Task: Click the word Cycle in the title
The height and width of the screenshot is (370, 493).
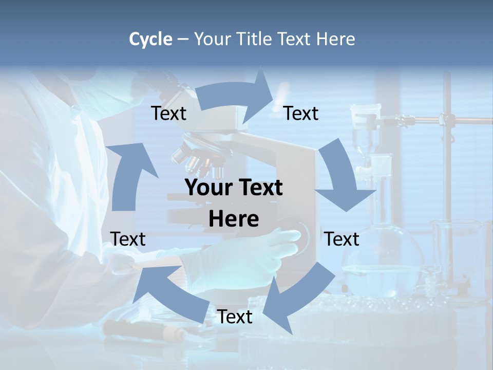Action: tap(150, 39)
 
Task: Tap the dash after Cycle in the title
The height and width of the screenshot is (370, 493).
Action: tap(183, 40)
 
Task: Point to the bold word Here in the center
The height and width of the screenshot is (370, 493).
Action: tap(234, 219)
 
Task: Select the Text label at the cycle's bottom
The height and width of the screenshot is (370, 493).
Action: tap(235, 317)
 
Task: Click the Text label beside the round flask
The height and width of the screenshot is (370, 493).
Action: tap(342, 239)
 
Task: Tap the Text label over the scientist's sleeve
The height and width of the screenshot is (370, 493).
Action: tap(128, 239)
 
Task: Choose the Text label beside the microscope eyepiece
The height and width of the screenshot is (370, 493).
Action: tap(169, 113)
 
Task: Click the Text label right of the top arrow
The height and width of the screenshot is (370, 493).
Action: tap(301, 113)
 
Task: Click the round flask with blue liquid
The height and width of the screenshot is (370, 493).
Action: tap(383, 262)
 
